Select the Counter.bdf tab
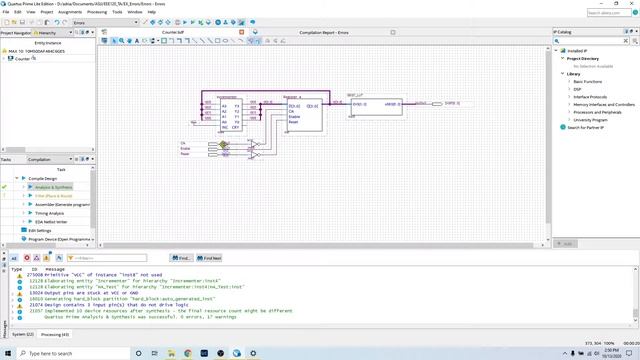tap(174, 32)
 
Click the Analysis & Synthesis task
tap(54, 186)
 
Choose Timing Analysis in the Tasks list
tap(51, 212)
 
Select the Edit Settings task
tap(40, 230)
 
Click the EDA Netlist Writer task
tap(55, 221)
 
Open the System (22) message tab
tap(22, 333)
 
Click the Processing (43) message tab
tap(55, 333)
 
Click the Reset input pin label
tap(185, 154)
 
